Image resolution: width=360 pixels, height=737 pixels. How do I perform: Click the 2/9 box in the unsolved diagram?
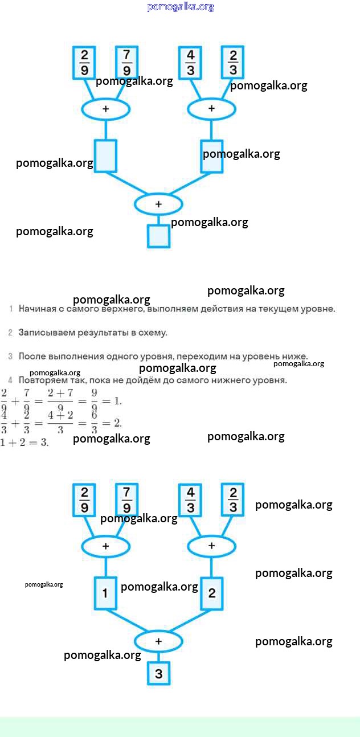(x=84, y=63)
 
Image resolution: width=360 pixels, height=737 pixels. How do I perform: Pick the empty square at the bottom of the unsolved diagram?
(x=158, y=236)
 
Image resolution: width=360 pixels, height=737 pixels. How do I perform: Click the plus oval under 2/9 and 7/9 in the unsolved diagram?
(x=105, y=109)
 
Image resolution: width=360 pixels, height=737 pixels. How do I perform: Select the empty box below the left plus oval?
(x=105, y=155)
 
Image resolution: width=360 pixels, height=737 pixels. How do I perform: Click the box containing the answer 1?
(x=105, y=593)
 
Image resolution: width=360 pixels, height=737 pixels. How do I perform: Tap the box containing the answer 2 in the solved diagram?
(x=211, y=593)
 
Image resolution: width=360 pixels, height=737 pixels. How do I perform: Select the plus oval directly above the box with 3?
(x=158, y=641)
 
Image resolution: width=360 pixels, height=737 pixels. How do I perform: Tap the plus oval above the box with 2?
(x=211, y=546)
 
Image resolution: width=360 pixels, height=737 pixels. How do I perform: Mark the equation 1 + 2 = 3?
(x=24, y=443)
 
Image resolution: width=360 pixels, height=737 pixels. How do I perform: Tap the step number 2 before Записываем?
(x=10, y=332)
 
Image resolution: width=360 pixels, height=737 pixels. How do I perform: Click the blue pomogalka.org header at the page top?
(x=181, y=7)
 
